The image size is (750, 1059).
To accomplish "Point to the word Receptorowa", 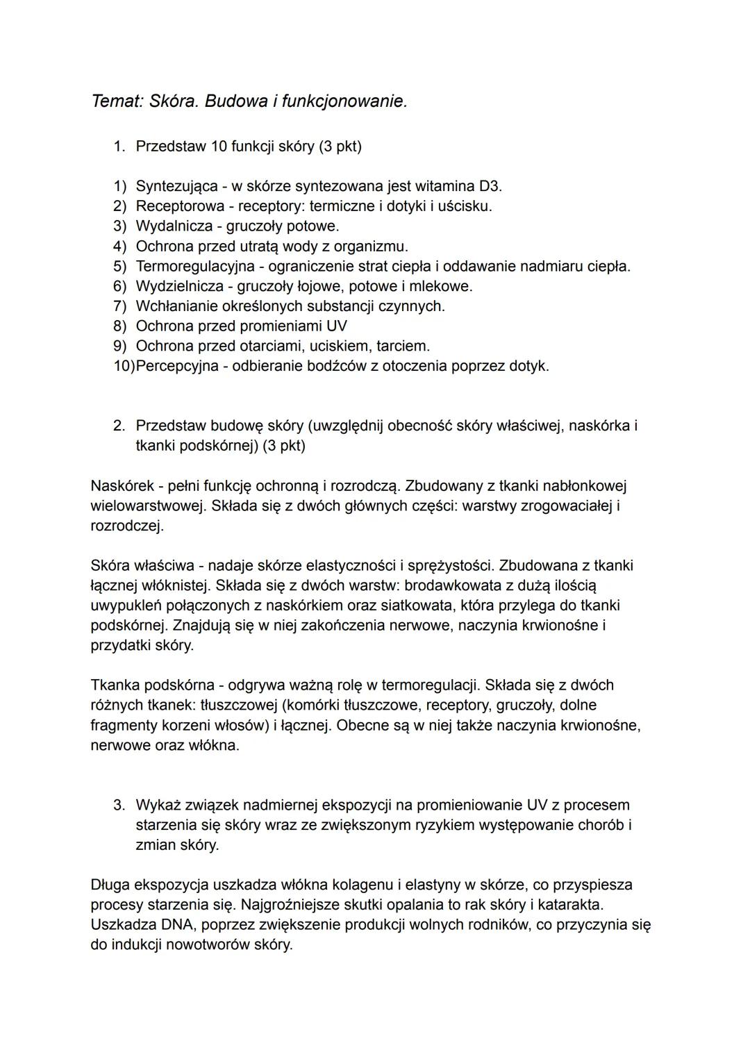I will click(x=180, y=206).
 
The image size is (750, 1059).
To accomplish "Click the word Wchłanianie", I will click(x=178, y=306).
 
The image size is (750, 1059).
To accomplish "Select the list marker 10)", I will click(x=124, y=366).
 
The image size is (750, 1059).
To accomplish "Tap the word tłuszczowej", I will click(x=237, y=706).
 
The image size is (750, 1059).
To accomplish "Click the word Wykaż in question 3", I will click(x=158, y=806).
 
